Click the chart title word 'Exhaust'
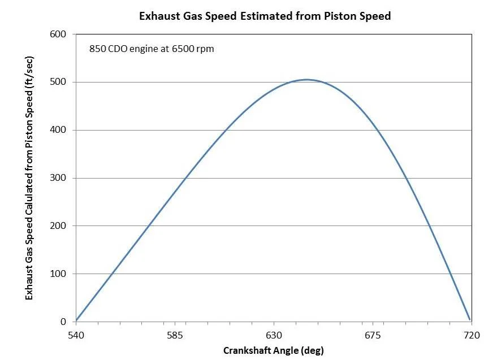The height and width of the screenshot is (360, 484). (160, 16)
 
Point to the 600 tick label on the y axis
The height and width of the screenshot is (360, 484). (59, 34)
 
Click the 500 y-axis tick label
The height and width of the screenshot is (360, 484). (59, 83)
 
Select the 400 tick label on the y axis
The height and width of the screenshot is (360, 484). (59, 131)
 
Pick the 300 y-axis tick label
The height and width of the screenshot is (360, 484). (59, 179)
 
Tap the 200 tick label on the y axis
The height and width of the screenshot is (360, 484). (59, 226)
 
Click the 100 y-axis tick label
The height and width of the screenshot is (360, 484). (59, 274)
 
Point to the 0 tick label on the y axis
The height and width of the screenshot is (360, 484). (64, 322)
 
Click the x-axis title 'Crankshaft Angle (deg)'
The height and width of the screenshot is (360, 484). (274, 350)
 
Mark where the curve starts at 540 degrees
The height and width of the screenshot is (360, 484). (76, 320)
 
